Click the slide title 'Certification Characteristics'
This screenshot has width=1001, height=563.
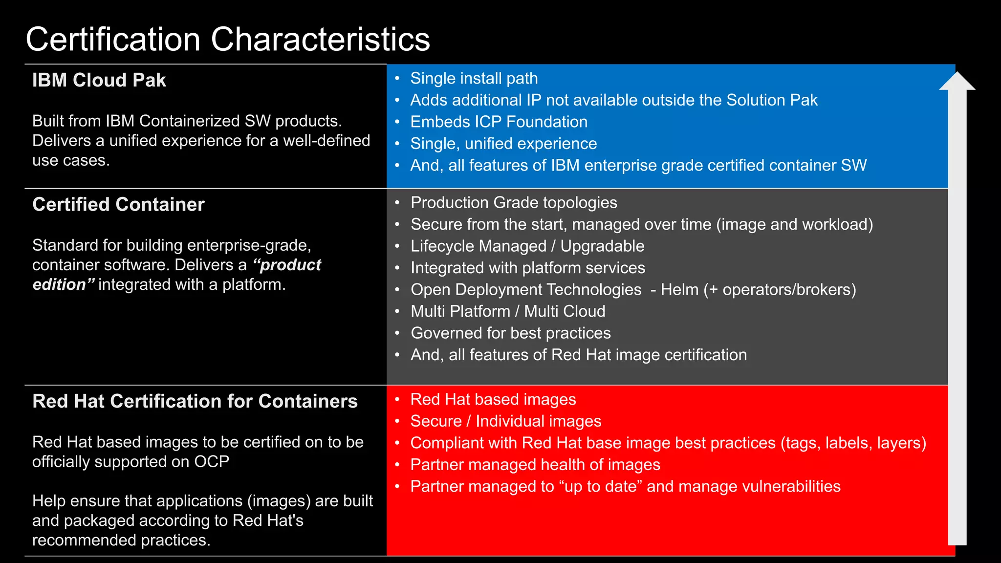pos(228,39)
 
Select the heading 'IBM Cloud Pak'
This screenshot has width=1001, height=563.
pos(99,80)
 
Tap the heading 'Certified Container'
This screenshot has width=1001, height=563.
pos(118,204)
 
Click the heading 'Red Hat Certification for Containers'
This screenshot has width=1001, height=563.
pos(195,401)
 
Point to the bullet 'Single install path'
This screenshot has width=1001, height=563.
pos(474,78)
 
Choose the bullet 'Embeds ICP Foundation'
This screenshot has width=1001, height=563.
pos(499,122)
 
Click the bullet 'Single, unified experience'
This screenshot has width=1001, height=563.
pos(503,144)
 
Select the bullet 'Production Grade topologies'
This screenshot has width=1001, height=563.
pos(514,202)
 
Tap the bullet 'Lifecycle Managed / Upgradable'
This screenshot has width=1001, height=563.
pos(527,246)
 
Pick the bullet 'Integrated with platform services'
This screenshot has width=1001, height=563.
pos(528,268)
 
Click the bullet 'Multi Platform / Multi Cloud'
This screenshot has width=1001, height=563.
pos(508,311)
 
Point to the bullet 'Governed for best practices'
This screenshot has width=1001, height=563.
pos(511,333)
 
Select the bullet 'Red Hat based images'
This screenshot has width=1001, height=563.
pos(493,399)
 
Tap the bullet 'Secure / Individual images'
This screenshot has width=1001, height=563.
pos(506,421)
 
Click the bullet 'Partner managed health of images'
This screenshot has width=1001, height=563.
pos(535,465)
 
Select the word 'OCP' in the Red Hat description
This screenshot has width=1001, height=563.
pos(212,462)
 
